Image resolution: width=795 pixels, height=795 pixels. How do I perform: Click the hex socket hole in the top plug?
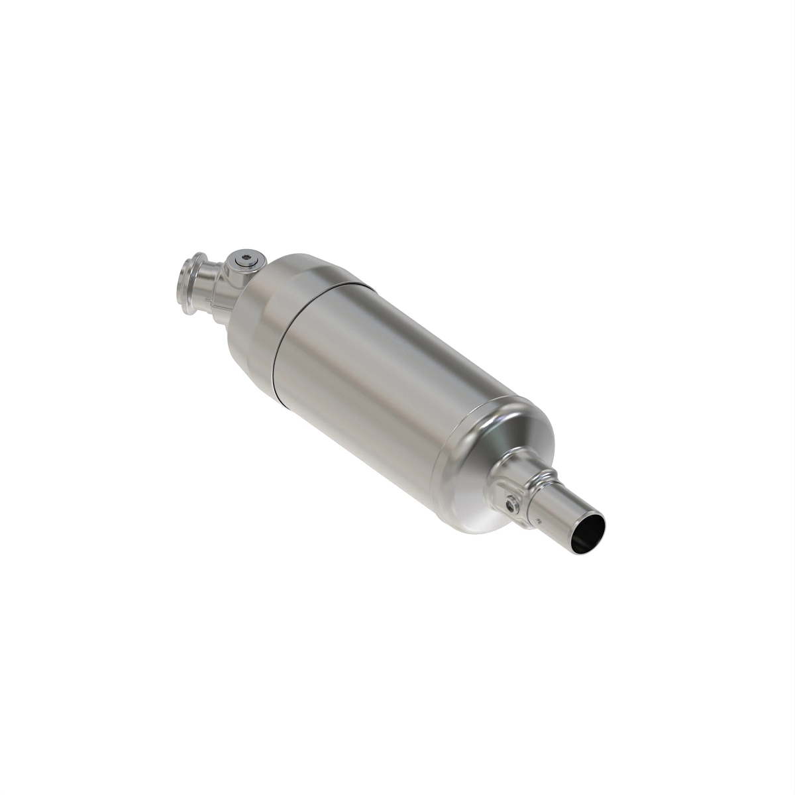click(x=247, y=258)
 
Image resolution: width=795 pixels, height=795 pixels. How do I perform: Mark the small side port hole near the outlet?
click(x=511, y=504)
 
